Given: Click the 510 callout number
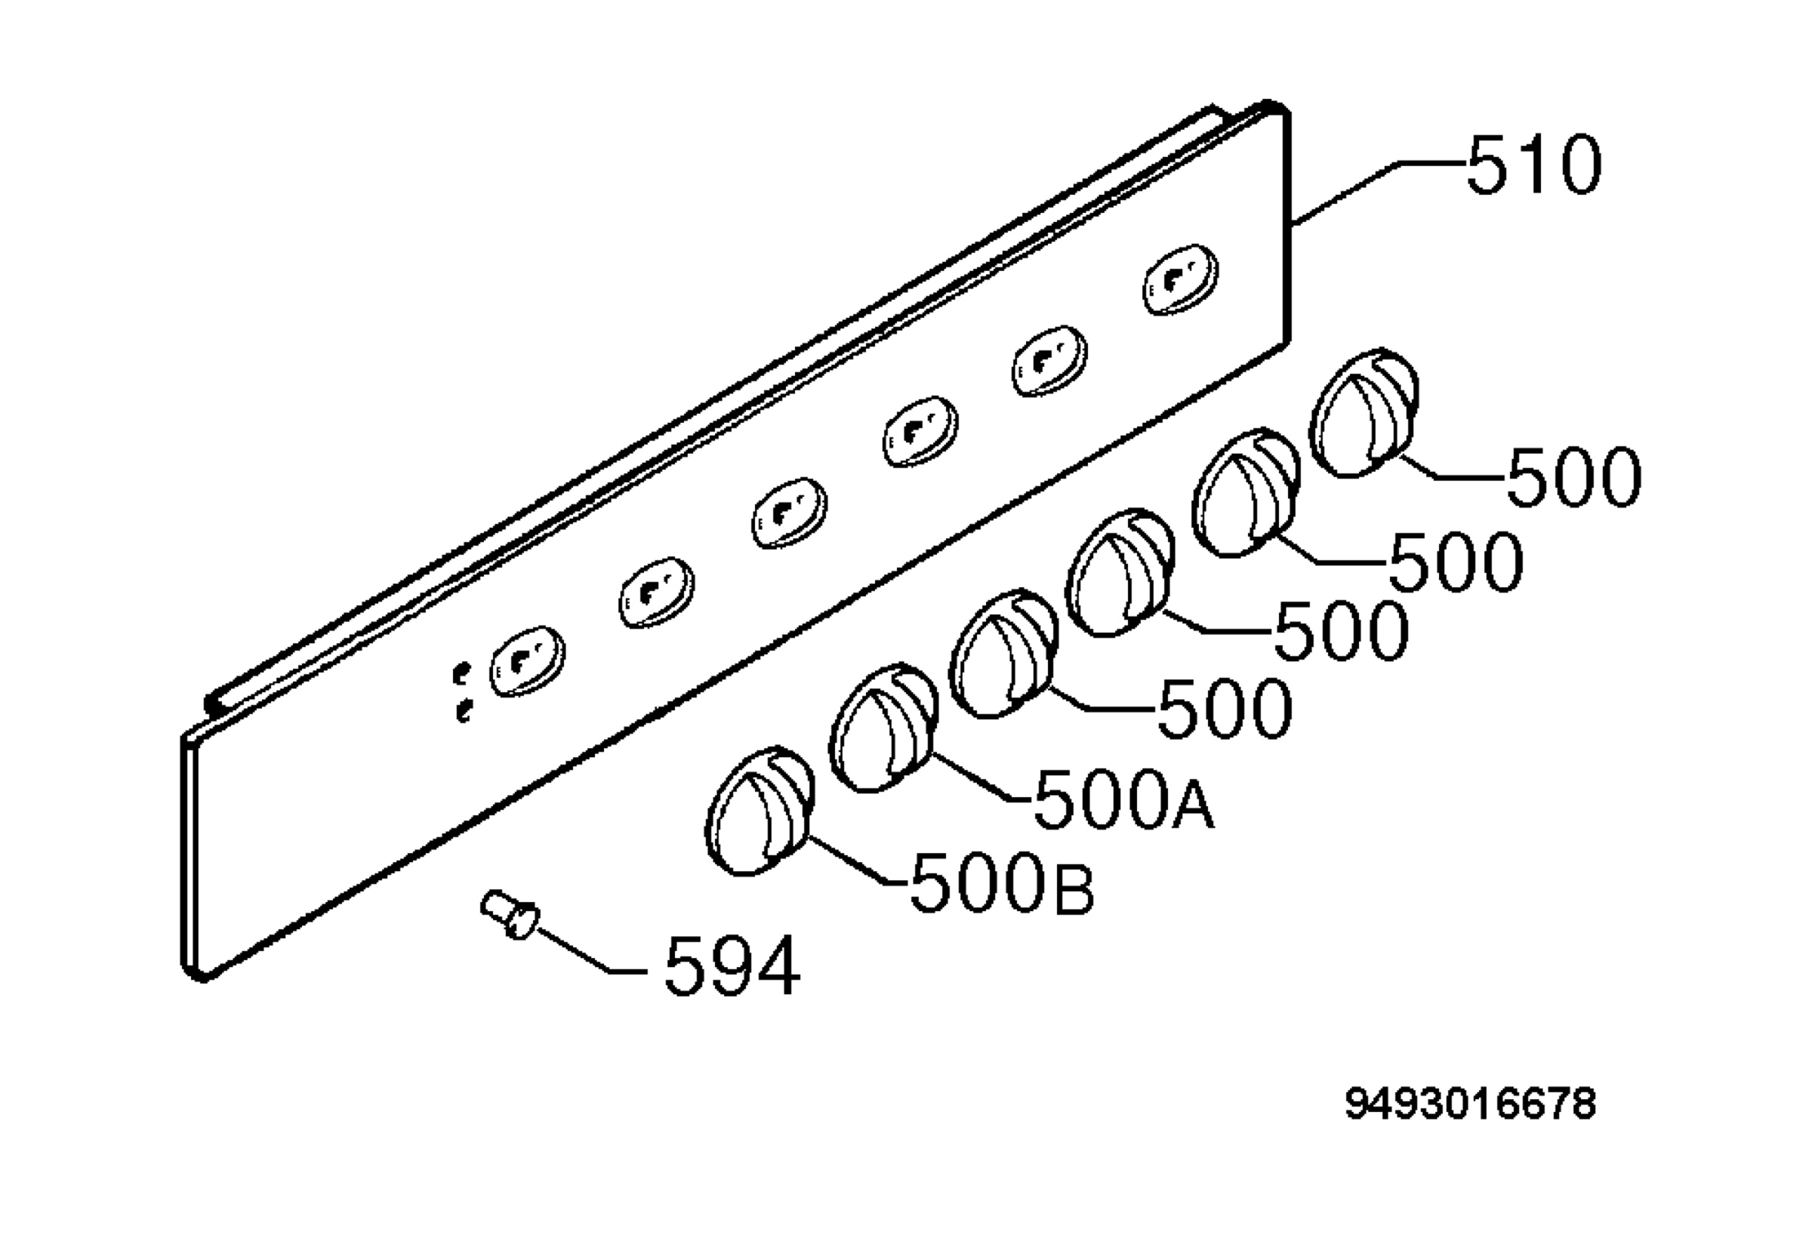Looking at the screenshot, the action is click(1533, 165).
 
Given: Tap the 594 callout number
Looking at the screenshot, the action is click(732, 966).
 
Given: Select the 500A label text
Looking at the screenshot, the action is click(1123, 799).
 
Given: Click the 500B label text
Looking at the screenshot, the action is click(1002, 882).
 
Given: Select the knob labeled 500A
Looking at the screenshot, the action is click(883, 730).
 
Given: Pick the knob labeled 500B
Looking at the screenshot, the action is click(760, 810).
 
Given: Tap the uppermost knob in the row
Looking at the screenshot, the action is click(1364, 412).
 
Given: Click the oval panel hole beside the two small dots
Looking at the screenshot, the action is click(528, 661).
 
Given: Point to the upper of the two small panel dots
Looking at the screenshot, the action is click(462, 672).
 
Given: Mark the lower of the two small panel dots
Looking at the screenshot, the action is click(464, 710).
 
